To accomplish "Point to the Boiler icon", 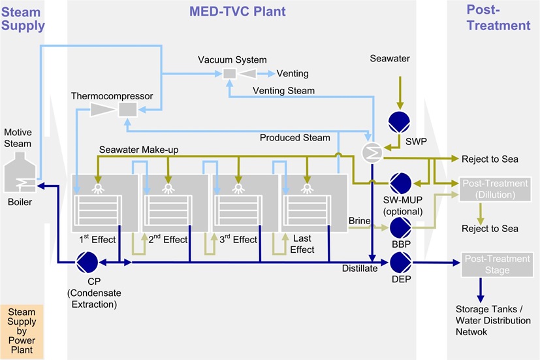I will click(x=20, y=176).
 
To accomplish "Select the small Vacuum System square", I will click(x=230, y=74).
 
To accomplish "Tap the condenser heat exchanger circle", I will click(x=371, y=152).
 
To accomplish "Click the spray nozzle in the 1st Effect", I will click(x=99, y=188).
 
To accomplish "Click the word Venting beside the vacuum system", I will click(x=293, y=73).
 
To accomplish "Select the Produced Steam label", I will click(x=295, y=137).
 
